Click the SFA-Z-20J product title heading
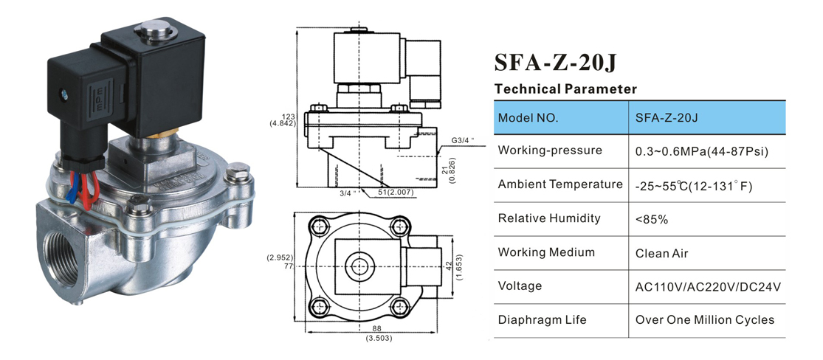pyautogui.click(x=554, y=62)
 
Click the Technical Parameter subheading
pyautogui.click(x=565, y=89)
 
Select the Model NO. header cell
pyautogui.click(x=528, y=117)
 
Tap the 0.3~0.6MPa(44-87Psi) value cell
pyautogui.click(x=702, y=151)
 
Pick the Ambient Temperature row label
pyautogui.click(x=560, y=184)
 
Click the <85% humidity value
pyautogui.click(x=651, y=219)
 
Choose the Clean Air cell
pyautogui.click(x=661, y=253)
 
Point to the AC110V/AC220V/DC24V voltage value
pyautogui.click(x=707, y=287)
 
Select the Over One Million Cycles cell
pyautogui.click(x=704, y=320)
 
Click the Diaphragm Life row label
pyautogui.click(x=543, y=320)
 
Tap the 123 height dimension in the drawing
pyautogui.click(x=288, y=116)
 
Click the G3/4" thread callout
pyautogui.click(x=462, y=139)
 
